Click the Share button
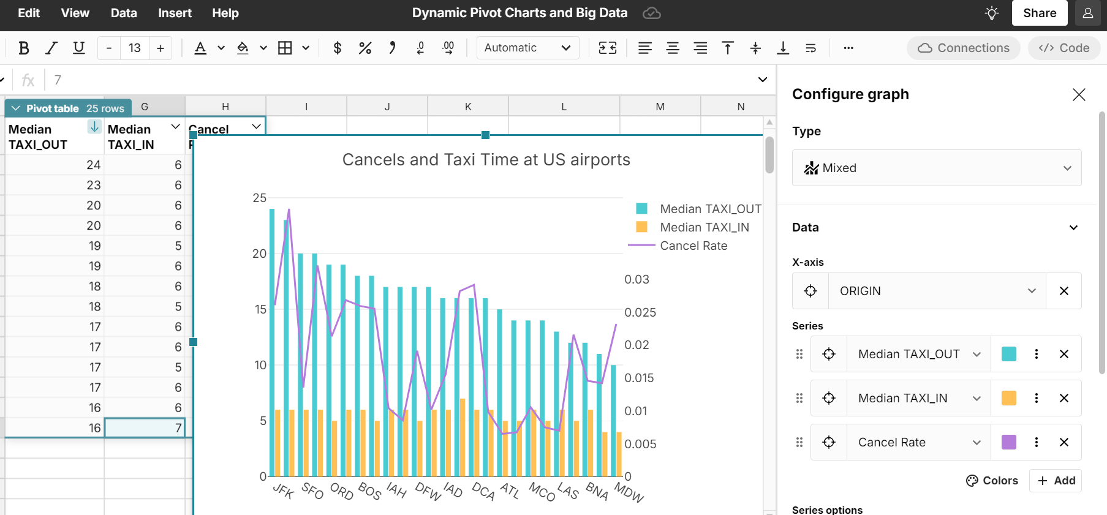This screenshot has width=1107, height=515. (1039, 13)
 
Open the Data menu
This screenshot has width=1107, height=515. (124, 13)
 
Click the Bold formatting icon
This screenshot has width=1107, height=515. (24, 48)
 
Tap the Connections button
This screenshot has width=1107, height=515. (964, 48)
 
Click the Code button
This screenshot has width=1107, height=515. (1064, 48)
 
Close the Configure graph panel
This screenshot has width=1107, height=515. (1079, 94)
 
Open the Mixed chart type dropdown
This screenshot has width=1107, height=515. (936, 168)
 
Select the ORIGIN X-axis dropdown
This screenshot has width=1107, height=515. (937, 291)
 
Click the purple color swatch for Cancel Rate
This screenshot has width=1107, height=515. (1008, 442)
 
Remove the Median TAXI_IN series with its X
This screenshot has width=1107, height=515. (1064, 398)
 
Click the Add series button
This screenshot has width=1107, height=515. (1056, 481)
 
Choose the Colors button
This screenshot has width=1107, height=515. (992, 481)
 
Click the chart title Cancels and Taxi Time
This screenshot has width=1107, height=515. (486, 160)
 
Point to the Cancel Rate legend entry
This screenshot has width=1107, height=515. (693, 246)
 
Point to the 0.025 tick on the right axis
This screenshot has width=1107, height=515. (640, 312)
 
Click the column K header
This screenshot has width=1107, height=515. (468, 107)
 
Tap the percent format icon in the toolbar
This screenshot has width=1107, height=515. (365, 48)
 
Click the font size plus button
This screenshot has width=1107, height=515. (161, 48)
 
